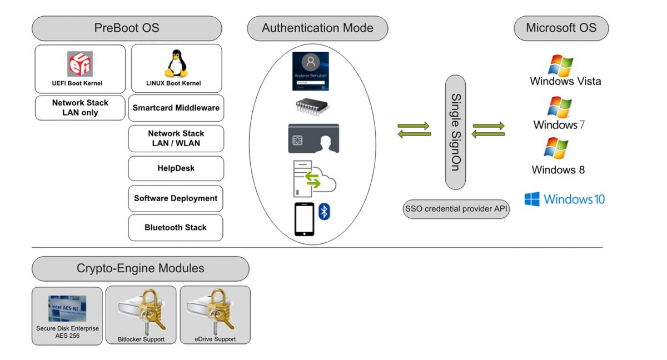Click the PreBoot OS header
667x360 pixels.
(x=127, y=28)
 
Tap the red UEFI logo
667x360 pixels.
(x=80, y=64)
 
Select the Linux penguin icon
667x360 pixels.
(x=176, y=63)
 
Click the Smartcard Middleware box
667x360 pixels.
(x=176, y=108)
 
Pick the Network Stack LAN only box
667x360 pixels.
(x=80, y=108)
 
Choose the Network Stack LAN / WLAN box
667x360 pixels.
(x=176, y=138)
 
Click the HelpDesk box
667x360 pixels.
(x=176, y=168)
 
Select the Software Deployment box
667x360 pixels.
(x=176, y=198)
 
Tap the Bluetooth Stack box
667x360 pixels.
(x=176, y=228)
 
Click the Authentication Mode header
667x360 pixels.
(x=317, y=28)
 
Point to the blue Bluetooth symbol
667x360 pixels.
(x=324, y=212)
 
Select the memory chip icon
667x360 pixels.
(x=311, y=107)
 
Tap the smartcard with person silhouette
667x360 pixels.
(x=313, y=138)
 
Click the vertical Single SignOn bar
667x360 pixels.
(x=455, y=132)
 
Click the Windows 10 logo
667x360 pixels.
(x=532, y=199)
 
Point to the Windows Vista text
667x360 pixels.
(x=565, y=81)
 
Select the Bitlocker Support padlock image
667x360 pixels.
(x=141, y=312)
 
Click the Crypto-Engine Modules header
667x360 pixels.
(x=140, y=269)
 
